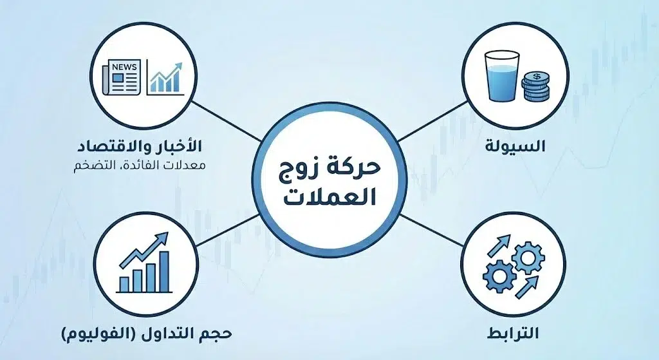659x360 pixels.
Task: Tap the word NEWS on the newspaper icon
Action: click(123, 67)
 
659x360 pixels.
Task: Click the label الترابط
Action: click(514, 334)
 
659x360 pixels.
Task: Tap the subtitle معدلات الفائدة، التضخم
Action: click(154, 165)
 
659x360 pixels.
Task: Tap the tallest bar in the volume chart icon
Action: click(164, 271)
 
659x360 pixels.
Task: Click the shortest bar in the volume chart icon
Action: click(123, 284)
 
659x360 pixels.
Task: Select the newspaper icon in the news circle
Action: click(123, 78)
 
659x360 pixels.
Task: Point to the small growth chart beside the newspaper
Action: click(166, 77)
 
